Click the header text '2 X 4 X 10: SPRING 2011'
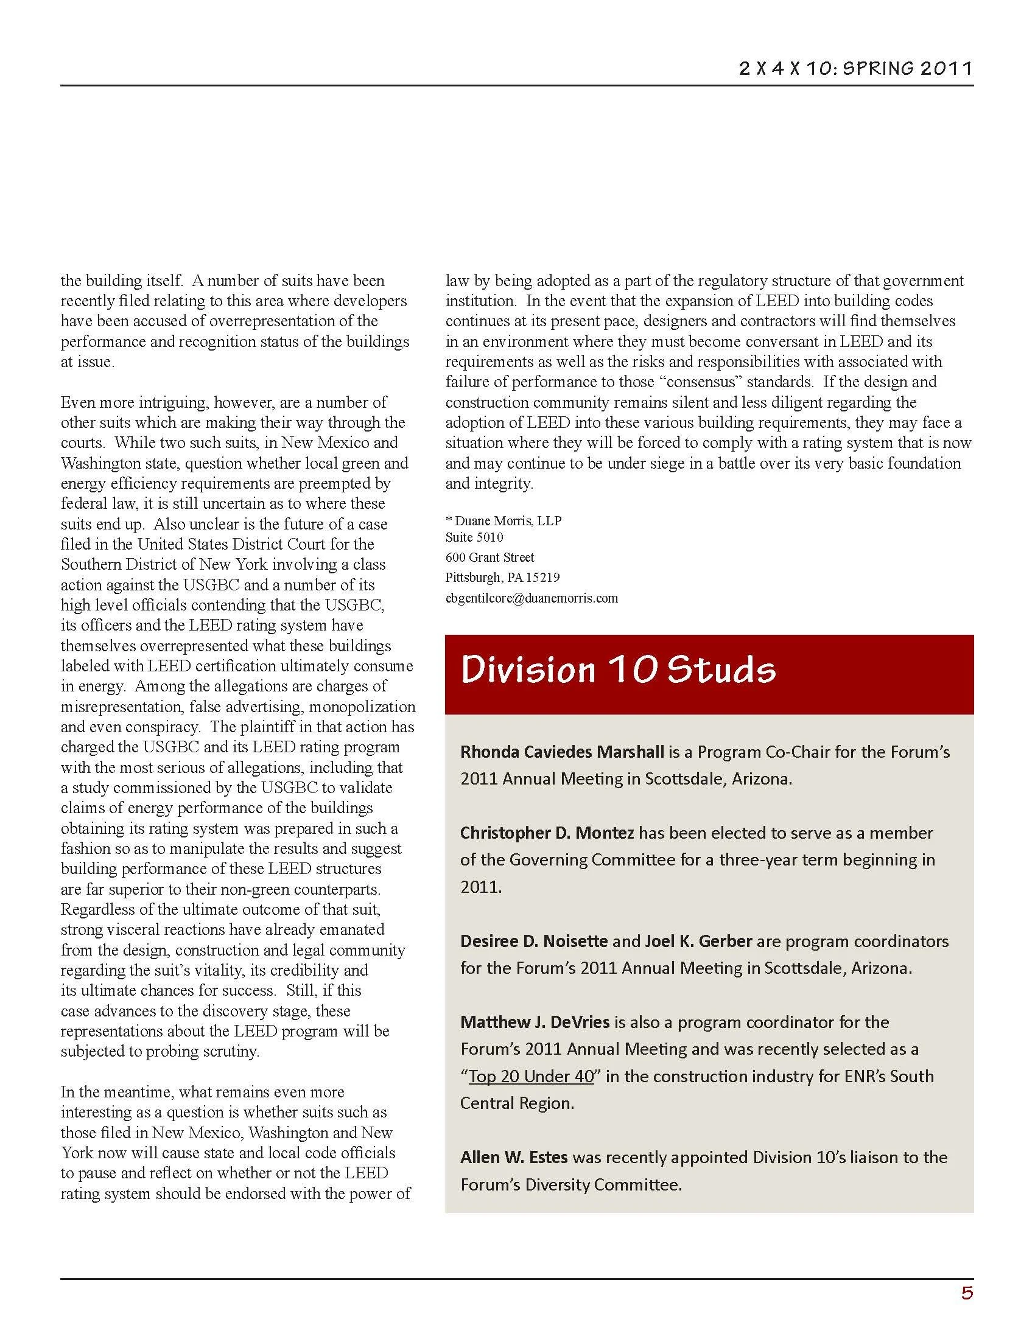[855, 68]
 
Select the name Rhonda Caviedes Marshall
[563, 752]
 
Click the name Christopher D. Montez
[547, 833]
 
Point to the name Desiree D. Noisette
[534, 940]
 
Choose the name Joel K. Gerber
[698, 940]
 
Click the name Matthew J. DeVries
[535, 1022]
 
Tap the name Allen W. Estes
[514, 1157]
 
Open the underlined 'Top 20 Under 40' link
[531, 1076]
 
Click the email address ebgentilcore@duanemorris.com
[532, 598]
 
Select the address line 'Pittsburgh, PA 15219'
[502, 578]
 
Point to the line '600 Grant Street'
[490, 558]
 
